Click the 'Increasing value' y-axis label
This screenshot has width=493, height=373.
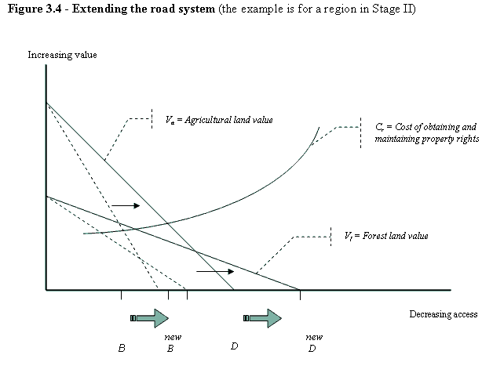62,56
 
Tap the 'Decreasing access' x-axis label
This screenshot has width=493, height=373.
443,314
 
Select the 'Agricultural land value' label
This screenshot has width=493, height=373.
225,121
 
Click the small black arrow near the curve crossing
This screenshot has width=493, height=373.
125,205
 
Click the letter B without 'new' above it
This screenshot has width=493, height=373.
122,348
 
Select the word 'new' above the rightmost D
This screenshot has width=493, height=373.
313,336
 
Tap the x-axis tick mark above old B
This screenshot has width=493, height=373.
121,295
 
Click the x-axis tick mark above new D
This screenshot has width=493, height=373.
300,295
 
